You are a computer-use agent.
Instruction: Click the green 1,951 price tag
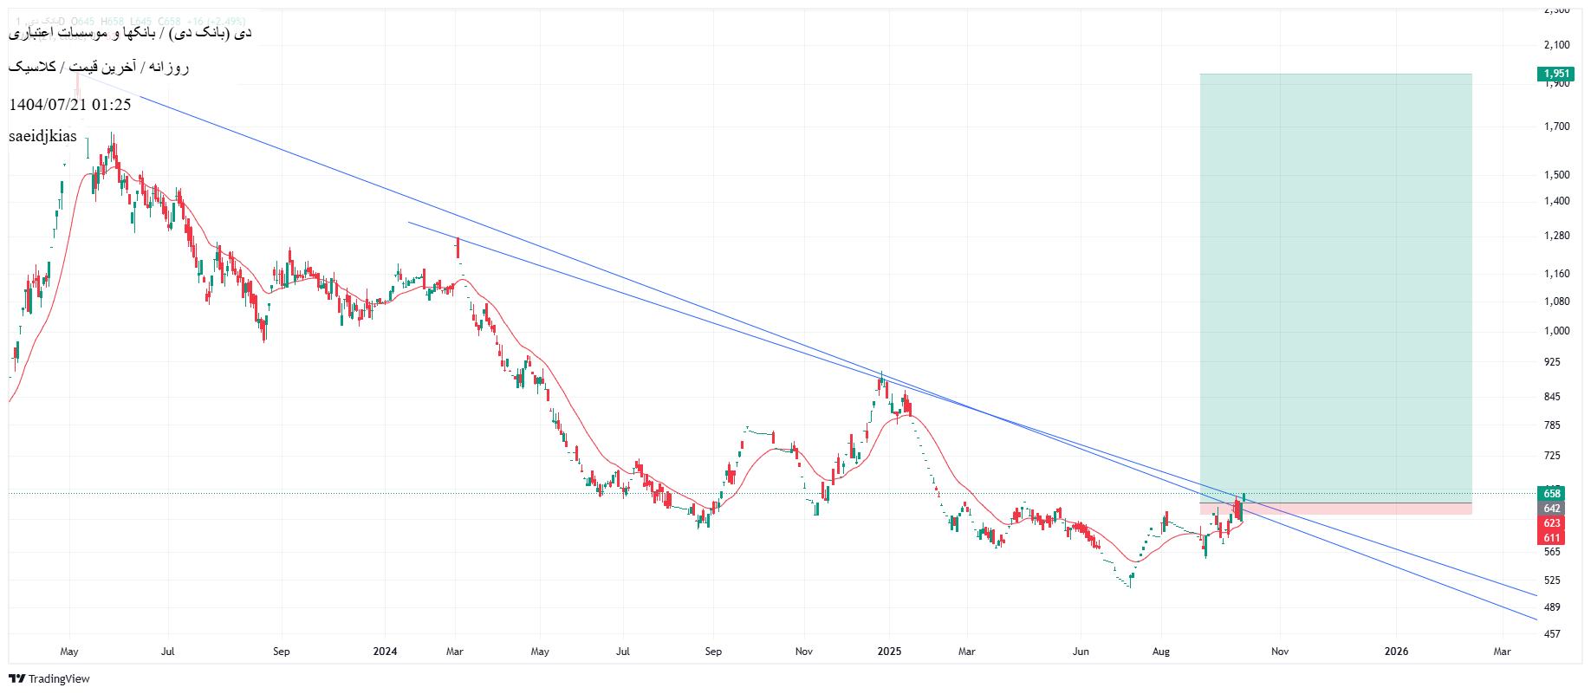click(1555, 74)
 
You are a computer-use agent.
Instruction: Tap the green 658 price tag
click(1551, 494)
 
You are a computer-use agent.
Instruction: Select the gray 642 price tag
click(1551, 509)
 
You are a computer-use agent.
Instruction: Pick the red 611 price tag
click(1551, 538)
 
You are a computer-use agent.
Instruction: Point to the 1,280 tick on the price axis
click(1556, 236)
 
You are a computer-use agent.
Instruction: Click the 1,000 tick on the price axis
click(1556, 331)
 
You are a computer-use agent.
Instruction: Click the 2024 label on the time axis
click(385, 652)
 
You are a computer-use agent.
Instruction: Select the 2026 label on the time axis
click(1396, 652)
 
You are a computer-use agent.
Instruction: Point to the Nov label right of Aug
click(1280, 652)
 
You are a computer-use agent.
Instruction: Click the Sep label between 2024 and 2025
click(713, 652)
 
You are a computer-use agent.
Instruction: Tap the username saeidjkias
click(42, 136)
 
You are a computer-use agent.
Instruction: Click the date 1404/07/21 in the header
click(48, 105)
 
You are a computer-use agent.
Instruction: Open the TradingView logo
click(49, 678)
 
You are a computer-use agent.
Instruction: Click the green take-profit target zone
click(1335, 286)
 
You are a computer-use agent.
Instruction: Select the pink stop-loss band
click(1335, 509)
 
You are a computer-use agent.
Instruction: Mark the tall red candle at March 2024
click(458, 248)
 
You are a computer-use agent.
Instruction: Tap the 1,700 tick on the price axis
click(1556, 126)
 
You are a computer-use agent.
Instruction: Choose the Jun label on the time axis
click(1081, 652)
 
